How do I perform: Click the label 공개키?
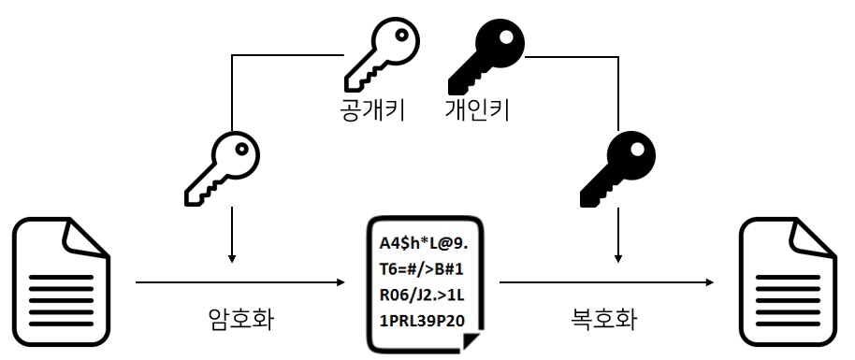[372, 109]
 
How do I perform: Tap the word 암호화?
[241, 319]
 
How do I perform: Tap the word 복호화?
[603, 319]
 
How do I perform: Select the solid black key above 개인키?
[486, 56]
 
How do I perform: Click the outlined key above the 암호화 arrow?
[223, 168]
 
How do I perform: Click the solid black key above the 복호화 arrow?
[617, 169]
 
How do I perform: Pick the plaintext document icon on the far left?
[61, 282]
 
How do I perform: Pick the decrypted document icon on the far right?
[788, 282]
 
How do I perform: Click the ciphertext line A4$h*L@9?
[424, 244]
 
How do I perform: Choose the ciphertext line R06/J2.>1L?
[422, 295]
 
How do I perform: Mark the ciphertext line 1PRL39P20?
[422, 322]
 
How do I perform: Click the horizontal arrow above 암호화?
[240, 282]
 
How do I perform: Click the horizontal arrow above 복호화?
[606, 282]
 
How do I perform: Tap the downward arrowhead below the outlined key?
[232, 258]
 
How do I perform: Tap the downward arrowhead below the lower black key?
[617, 258]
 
